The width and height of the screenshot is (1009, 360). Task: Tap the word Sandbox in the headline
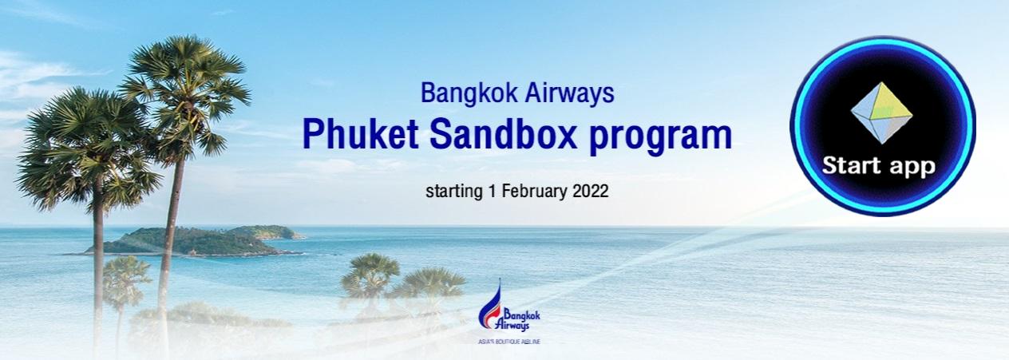(x=503, y=134)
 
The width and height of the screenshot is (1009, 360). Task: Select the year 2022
(x=591, y=191)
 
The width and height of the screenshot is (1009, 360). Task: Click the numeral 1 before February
(x=492, y=191)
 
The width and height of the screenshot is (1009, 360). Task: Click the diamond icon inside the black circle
(x=881, y=113)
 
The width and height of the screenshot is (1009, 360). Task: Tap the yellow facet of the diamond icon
(x=889, y=103)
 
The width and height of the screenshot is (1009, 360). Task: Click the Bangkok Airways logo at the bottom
(x=509, y=311)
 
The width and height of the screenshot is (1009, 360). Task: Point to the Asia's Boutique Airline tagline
(x=509, y=342)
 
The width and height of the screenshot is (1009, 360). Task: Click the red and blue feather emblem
(x=491, y=305)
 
